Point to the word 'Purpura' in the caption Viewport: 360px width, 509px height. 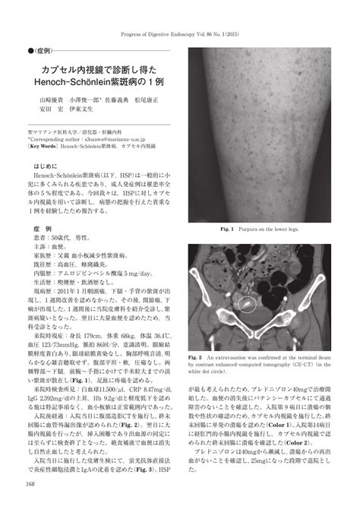pyautogui.click(x=254, y=227)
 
